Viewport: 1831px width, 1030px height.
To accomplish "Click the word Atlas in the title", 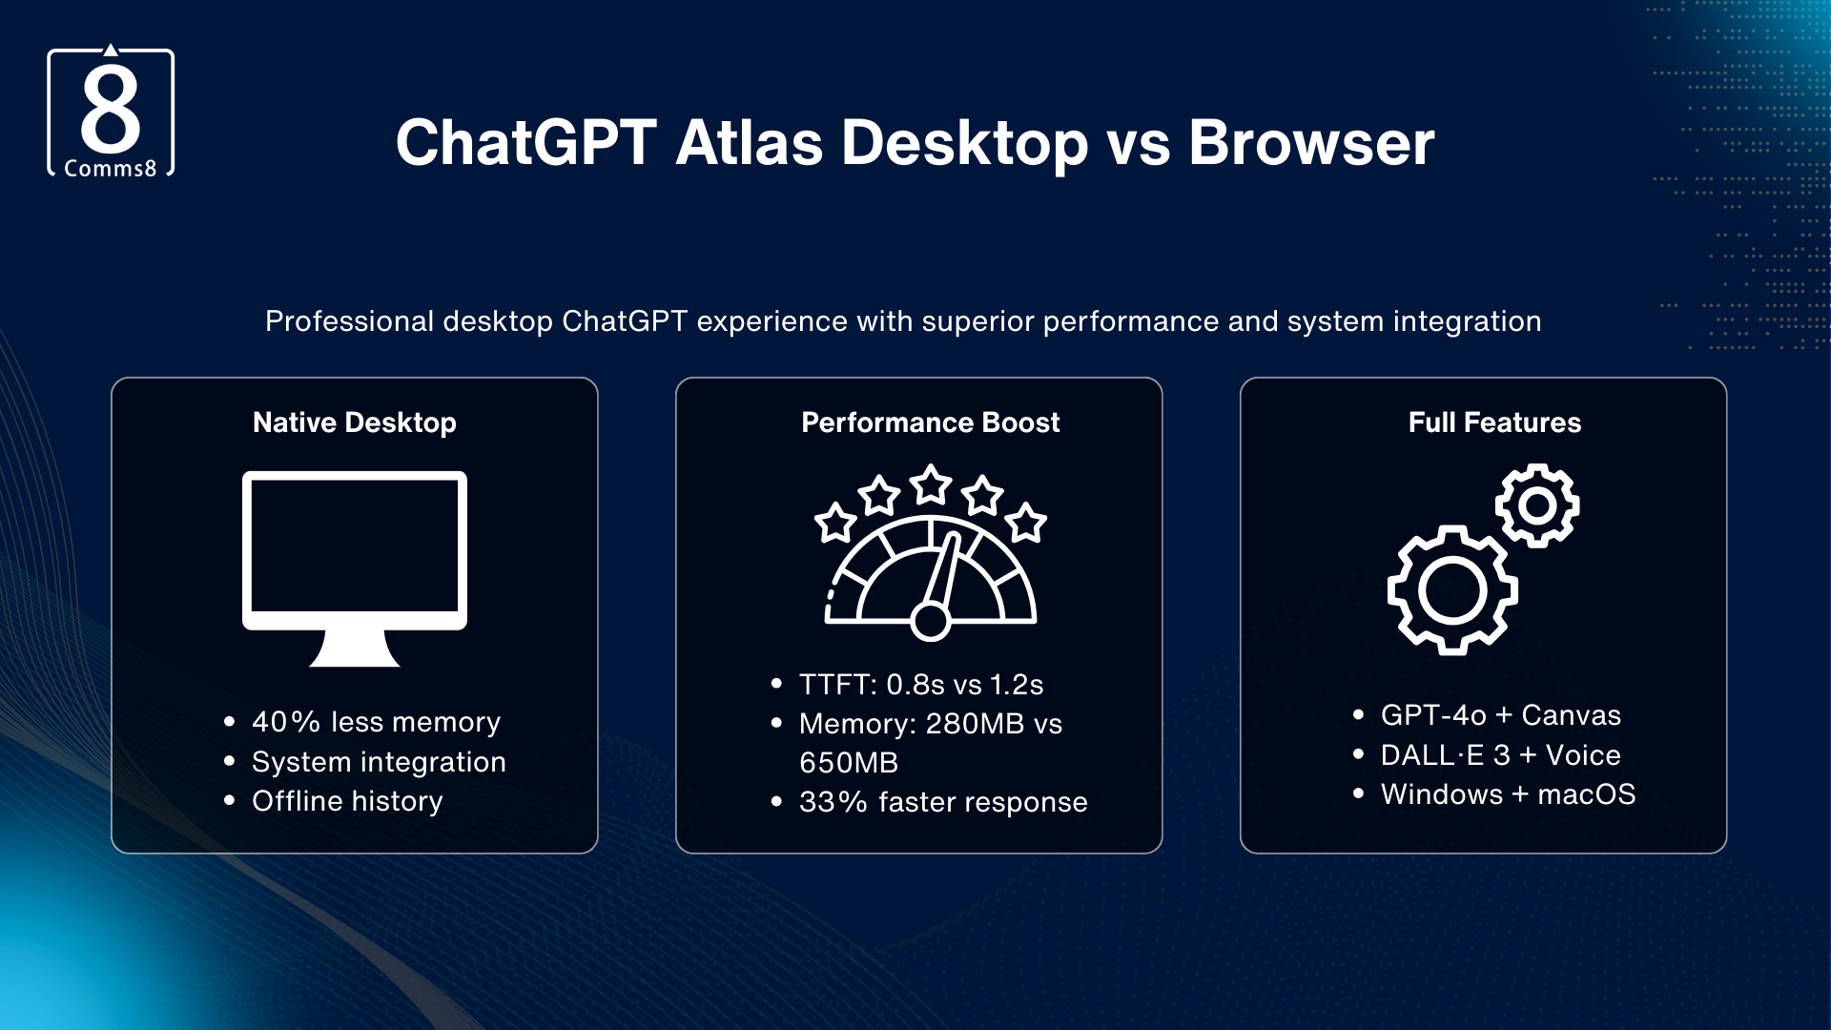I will pos(749,143).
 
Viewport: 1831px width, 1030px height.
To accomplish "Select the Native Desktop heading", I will pos(354,422).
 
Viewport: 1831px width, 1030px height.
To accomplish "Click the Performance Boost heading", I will pos(930,422).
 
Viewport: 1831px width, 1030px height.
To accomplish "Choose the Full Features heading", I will pos(1493,422).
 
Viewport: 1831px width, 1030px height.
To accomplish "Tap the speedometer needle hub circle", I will pos(930,622).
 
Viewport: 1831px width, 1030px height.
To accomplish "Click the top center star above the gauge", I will pos(931,485).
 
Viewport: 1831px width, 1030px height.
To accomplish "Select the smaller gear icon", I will pos(1536,505).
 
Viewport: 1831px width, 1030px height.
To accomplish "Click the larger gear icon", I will pos(1451,590).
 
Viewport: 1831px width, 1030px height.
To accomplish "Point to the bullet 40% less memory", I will pos(376,722).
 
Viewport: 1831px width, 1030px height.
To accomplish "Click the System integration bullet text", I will pos(379,762).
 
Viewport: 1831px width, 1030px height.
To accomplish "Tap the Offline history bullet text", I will pos(347,801).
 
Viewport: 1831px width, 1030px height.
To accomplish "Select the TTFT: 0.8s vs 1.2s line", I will pos(920,685).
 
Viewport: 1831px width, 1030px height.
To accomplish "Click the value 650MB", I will pos(849,763).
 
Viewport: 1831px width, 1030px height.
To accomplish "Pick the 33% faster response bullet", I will pos(942,802).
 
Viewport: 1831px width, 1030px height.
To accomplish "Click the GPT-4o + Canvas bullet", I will pos(1500,715).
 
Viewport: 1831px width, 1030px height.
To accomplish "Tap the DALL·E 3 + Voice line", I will pos(1500,755).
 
